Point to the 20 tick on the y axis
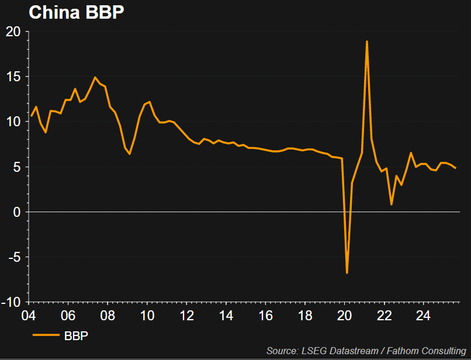pyautogui.click(x=13, y=32)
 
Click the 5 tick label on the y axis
pyautogui.click(x=18, y=167)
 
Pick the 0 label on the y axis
pyautogui.click(x=18, y=212)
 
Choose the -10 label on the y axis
pyautogui.click(x=12, y=302)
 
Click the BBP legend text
pyautogui.click(x=76, y=335)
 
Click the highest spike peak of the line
pyautogui.click(x=366, y=41)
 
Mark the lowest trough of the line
pyautogui.click(x=347, y=273)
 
